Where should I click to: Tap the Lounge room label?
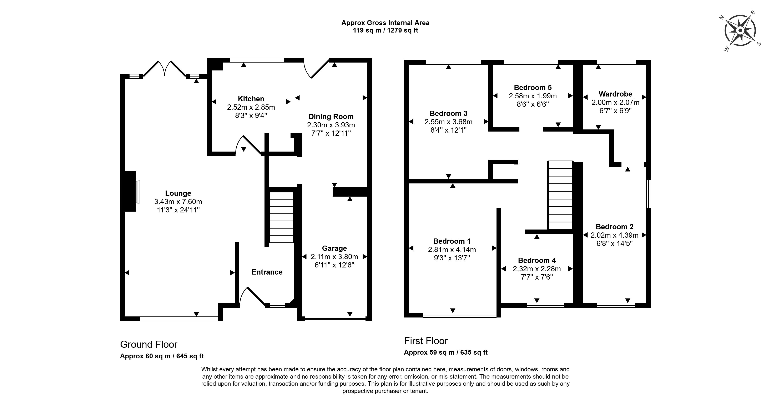tap(178, 193)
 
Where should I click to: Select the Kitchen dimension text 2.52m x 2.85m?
tap(251, 107)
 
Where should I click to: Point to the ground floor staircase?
tap(281, 217)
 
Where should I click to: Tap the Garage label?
tap(334, 248)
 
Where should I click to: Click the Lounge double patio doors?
tap(164, 69)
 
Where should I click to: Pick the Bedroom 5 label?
tap(533, 87)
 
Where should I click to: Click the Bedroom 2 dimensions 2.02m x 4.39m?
tap(614, 235)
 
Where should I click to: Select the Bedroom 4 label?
tap(537, 260)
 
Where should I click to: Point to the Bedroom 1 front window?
tap(459, 315)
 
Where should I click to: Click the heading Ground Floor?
tap(149, 344)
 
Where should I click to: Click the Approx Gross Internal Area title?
tap(385, 23)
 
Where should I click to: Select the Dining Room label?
tap(331, 117)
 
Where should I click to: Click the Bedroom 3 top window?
tap(453, 62)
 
